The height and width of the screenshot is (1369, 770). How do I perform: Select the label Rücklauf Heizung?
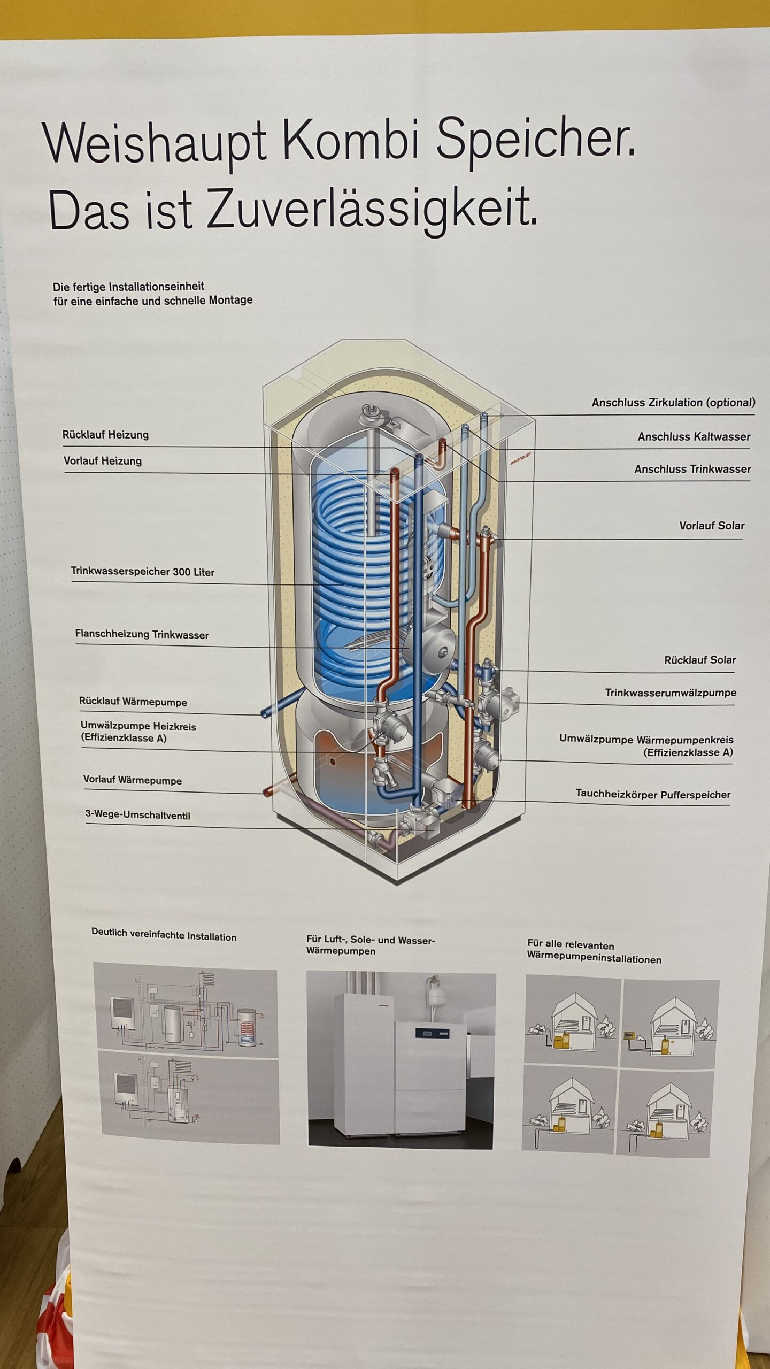[x=105, y=435]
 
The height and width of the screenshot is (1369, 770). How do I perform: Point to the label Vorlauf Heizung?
[x=103, y=461]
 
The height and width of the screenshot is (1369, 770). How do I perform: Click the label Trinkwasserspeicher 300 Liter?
[x=143, y=572]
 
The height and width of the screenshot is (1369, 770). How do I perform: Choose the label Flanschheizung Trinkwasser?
[x=142, y=635]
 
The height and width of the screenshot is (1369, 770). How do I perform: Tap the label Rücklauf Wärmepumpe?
[x=133, y=702]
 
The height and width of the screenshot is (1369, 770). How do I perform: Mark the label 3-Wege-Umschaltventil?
[x=138, y=816]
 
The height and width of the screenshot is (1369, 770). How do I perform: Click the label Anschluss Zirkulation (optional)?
[x=673, y=403]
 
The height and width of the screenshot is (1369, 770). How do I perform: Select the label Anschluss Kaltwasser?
[x=694, y=437]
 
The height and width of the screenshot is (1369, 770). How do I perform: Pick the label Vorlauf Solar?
[x=712, y=526]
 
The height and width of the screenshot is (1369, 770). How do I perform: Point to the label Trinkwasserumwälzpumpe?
[x=671, y=693]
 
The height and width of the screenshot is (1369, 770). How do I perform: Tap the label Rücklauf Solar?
[x=700, y=660]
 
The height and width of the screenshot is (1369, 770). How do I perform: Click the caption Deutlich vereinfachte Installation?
[x=164, y=934]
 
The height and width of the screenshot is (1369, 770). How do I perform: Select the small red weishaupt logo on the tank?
[x=521, y=459]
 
